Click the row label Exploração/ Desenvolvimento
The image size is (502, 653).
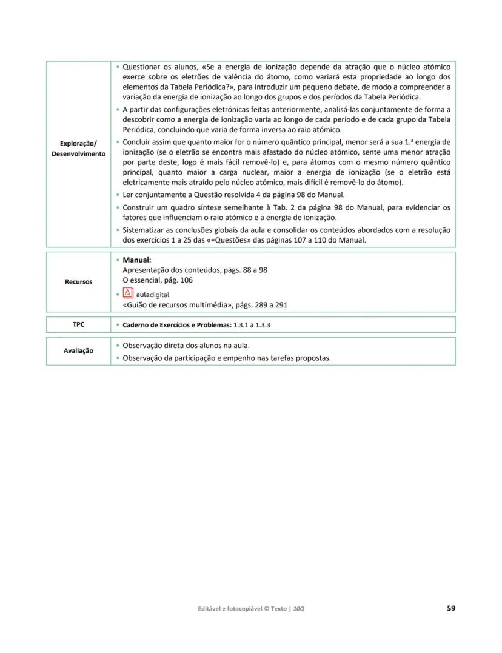[x=78, y=149]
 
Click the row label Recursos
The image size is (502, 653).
[x=78, y=282]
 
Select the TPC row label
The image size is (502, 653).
[x=78, y=324]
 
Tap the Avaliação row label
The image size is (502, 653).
[x=78, y=351]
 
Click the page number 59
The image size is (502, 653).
[x=450, y=608]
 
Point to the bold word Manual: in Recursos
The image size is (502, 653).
[x=136, y=260]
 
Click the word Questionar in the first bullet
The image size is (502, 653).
[x=142, y=66]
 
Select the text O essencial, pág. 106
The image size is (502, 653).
[x=158, y=280]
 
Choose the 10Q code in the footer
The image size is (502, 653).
[x=298, y=609]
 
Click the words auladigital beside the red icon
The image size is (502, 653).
[x=153, y=294]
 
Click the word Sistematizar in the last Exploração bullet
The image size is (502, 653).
[x=144, y=230]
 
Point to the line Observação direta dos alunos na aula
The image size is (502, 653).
[x=186, y=346]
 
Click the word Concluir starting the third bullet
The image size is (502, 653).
[x=139, y=142]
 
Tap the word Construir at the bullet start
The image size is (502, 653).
[x=141, y=207]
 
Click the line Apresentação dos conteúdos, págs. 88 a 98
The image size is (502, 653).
[x=195, y=270]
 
